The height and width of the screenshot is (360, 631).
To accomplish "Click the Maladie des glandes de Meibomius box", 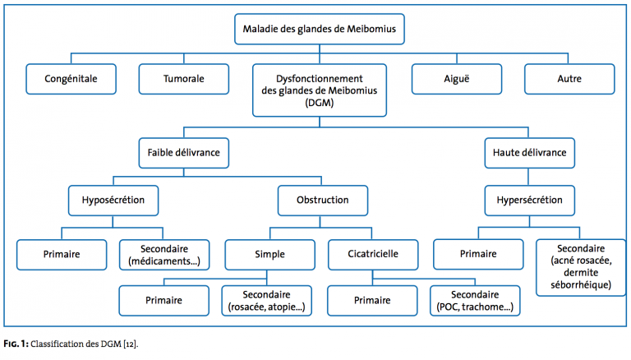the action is pos(319,29).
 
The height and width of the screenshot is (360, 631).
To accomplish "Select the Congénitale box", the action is pos(71,79).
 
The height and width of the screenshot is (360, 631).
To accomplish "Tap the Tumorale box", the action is pos(183,79).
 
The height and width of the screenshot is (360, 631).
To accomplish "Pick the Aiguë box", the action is pos(456,79).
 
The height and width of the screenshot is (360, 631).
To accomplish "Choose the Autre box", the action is pos(569,79).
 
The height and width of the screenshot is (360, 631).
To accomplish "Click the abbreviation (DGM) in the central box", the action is pos(319,103).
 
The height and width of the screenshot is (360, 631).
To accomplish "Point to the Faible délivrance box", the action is pos(183,153).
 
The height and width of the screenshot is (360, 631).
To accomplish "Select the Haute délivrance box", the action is pos(530,153).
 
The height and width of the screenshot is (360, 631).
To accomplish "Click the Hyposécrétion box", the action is pos(113,201).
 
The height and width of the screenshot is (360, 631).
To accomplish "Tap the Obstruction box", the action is pos(322,201).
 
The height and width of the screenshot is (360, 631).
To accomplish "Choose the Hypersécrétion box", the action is pos(530,201).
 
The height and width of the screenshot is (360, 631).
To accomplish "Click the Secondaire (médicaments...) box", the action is pos(164,255).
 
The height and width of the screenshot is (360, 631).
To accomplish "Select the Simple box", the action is pos(269,255).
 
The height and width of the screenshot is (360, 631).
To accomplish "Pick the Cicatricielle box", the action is pos(373,255).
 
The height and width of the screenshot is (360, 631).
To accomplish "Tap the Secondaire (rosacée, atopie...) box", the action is pos(266,301).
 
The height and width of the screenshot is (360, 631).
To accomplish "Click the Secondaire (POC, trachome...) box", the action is pos(475,301).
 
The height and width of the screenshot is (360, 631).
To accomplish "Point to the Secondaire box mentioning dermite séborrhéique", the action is pos(581,267).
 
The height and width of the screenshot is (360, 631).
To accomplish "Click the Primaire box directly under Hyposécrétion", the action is pos(62,255).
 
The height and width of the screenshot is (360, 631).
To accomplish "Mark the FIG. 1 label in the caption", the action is pos(16,344).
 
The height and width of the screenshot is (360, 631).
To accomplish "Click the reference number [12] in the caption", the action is pos(131,344).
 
